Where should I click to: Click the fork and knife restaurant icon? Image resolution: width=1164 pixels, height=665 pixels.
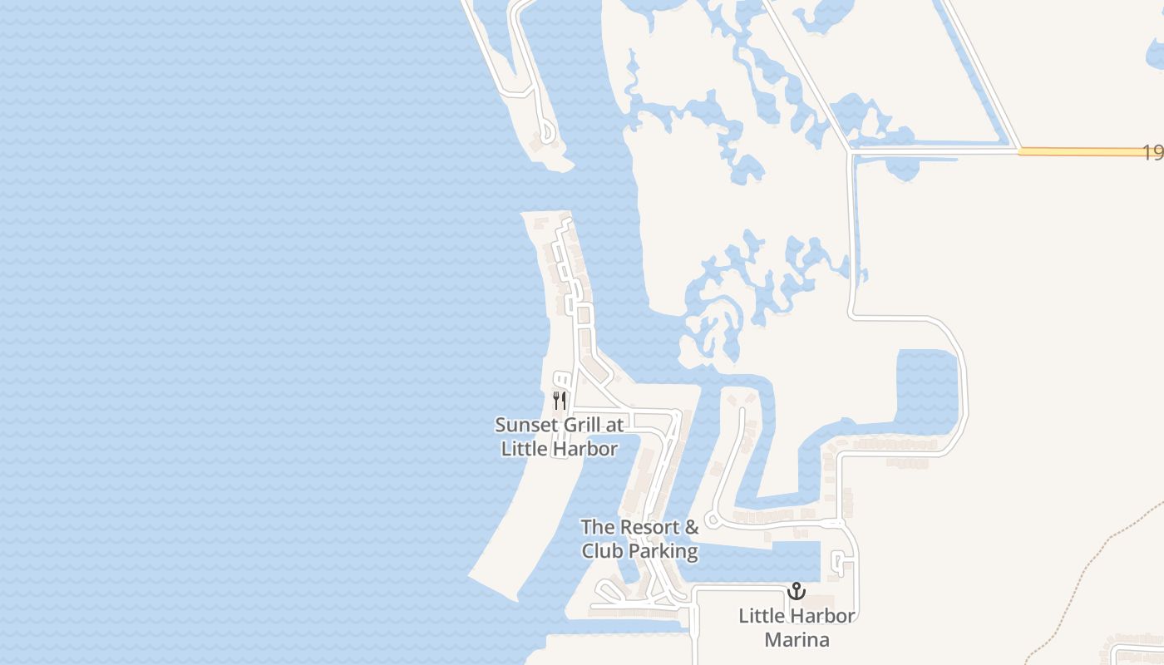tap(560, 401)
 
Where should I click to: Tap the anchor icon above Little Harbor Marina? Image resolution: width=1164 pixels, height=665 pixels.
tap(797, 592)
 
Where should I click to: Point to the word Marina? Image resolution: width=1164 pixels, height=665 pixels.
tap(797, 640)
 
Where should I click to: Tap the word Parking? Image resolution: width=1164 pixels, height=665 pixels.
tap(663, 550)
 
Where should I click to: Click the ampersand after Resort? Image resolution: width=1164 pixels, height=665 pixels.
tap(691, 527)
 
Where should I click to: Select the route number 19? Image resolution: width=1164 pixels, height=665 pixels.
tap(1152, 153)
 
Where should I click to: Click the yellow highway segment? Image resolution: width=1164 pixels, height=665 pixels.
tap(1081, 151)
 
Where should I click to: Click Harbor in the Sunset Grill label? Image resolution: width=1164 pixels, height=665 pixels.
tap(588, 449)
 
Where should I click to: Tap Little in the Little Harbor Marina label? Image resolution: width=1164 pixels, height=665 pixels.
tap(762, 616)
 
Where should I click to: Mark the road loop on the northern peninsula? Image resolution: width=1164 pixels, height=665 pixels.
tap(547, 132)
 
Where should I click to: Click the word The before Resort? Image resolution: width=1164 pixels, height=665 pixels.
tap(596, 527)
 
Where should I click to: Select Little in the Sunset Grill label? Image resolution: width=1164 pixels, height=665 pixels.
tap(526, 449)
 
